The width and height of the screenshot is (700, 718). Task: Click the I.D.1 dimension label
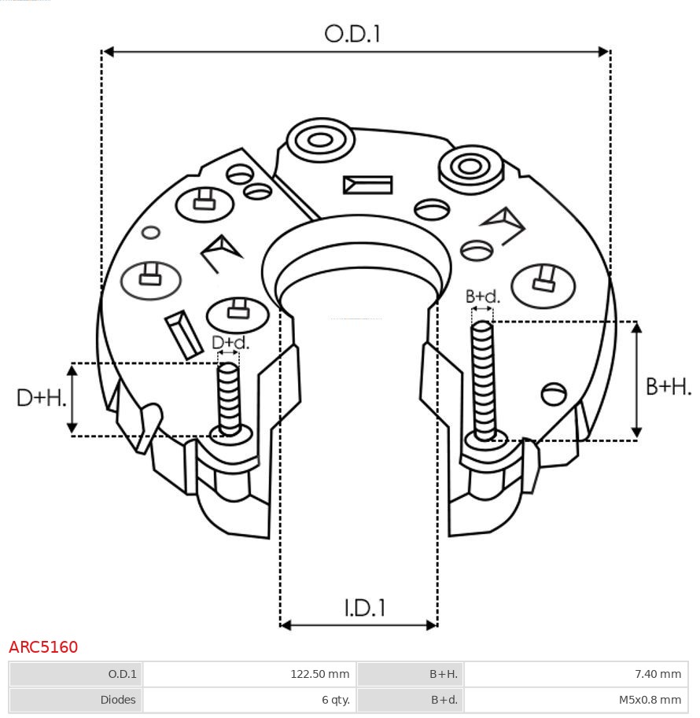[x=364, y=608]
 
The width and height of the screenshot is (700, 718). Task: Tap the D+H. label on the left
[x=41, y=398]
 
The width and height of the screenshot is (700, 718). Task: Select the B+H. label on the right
[x=669, y=386]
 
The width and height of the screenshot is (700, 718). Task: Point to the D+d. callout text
[x=230, y=343]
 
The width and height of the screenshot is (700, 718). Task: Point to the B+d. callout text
[x=482, y=296]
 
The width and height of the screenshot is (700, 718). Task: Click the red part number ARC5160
[x=43, y=647]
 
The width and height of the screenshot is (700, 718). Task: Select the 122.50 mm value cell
[x=319, y=674]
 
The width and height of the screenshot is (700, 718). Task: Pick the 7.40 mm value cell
[x=659, y=674]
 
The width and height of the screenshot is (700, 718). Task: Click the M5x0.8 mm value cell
[x=650, y=699]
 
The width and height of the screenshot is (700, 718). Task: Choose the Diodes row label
[x=118, y=699]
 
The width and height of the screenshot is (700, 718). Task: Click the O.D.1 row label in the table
[x=122, y=674]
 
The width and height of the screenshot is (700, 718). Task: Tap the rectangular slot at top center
[x=367, y=185]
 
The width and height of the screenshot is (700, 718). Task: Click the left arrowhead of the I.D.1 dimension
[x=286, y=625]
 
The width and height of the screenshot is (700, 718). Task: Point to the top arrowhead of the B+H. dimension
[x=636, y=327]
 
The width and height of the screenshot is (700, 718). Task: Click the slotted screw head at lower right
[x=554, y=392]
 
